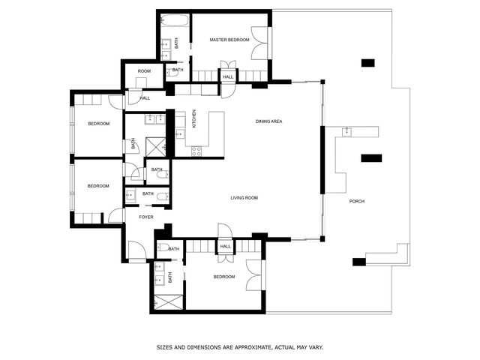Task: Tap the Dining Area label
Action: click(268, 121)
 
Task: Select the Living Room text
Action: click(244, 198)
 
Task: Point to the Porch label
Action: click(357, 202)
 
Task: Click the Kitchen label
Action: click(194, 118)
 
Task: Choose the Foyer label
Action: click(145, 217)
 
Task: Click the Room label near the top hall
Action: click(144, 71)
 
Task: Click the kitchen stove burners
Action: click(197, 150)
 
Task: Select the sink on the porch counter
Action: click(347, 132)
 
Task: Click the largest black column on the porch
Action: click(370, 157)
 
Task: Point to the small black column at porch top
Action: click(367, 63)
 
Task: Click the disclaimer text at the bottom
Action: click(240, 347)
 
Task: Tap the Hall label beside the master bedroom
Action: click(228, 76)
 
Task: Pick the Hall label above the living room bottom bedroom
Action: click(225, 246)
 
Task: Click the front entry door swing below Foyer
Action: click(134, 250)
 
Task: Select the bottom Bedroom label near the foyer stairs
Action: click(223, 277)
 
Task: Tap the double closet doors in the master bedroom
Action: click(259, 43)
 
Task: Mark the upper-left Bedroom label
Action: click(98, 124)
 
